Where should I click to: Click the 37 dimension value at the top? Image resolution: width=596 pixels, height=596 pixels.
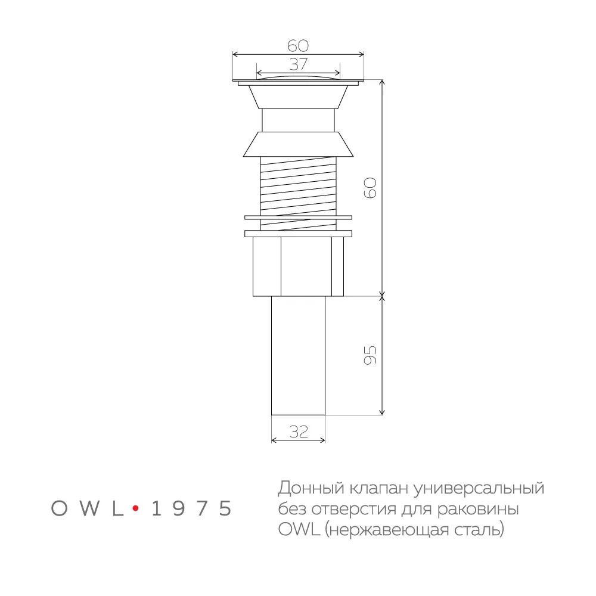(x=298, y=64)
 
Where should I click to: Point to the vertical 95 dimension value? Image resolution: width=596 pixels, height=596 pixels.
(x=370, y=355)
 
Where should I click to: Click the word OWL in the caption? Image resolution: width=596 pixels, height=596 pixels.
(x=294, y=529)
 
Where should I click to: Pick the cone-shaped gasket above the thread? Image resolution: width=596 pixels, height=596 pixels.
(x=298, y=144)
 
